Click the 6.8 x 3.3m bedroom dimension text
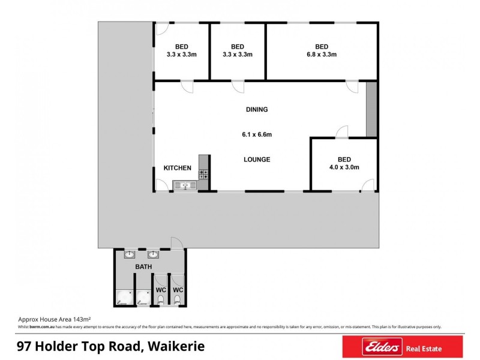[322, 55]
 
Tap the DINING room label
[257, 110]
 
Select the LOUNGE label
[257, 160]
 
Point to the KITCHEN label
[178, 169]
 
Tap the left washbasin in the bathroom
[130, 254]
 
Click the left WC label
[161, 290]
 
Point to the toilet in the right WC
[178, 299]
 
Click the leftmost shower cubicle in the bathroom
[124, 296]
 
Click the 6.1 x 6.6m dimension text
[257, 135]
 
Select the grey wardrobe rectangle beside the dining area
[371, 109]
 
